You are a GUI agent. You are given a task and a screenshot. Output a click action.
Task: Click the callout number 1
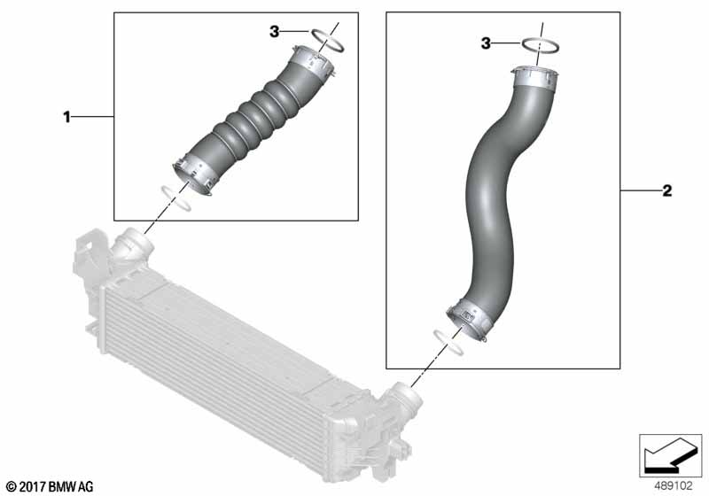67,118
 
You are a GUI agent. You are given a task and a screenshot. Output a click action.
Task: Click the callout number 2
667,191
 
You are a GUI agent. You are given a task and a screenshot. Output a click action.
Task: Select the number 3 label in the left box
275,32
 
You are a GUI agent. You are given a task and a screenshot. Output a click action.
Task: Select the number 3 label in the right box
486,43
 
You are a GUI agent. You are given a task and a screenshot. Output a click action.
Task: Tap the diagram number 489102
674,486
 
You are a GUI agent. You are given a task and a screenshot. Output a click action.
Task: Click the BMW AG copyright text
51,487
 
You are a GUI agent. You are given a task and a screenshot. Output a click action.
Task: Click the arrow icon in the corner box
670,454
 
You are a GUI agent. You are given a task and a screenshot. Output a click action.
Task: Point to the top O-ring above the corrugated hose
327,40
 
